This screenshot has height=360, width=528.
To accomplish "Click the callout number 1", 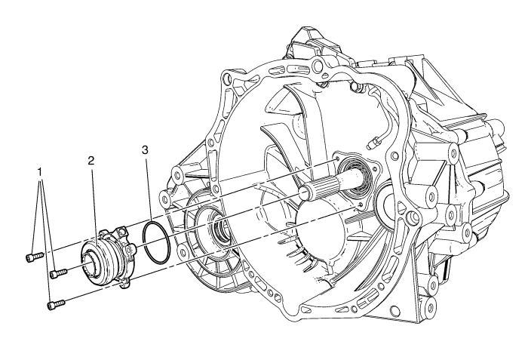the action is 40,172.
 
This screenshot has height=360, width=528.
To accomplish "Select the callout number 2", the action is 91,161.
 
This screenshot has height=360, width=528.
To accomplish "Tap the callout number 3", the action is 145,150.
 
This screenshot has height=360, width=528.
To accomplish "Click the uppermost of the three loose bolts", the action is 35,257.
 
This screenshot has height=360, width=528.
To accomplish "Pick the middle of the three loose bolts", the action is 58,273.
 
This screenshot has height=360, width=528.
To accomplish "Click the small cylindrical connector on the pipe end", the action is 371,143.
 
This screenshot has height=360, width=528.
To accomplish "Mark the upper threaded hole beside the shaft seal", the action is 337,158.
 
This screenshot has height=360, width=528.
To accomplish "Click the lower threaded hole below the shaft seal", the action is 361,205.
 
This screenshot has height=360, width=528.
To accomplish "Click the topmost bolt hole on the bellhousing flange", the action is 317,64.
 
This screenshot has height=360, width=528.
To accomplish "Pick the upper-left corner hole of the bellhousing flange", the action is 226,78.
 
